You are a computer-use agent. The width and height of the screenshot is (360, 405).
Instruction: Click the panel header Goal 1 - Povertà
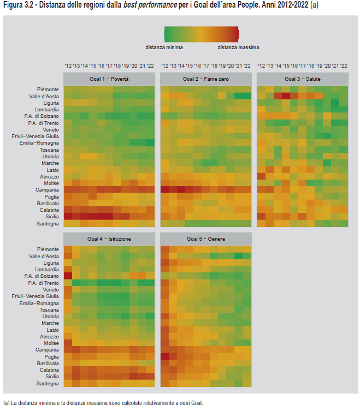(x=109, y=79)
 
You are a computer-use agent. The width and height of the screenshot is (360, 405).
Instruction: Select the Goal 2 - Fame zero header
(x=205, y=79)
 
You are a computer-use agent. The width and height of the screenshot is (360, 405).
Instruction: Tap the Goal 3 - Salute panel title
(x=302, y=79)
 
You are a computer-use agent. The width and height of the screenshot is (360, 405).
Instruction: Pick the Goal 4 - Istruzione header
(x=109, y=239)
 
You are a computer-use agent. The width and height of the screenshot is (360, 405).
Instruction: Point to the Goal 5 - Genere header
(x=205, y=239)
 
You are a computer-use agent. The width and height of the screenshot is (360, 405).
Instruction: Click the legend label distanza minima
(x=164, y=47)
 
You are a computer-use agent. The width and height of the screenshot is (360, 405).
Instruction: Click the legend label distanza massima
(x=238, y=47)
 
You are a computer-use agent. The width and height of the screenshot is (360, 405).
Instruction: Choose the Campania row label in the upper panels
(x=48, y=190)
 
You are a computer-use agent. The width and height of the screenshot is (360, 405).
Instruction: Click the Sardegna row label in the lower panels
(x=48, y=384)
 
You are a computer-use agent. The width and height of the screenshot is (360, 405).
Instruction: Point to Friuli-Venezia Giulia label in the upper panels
(x=36, y=136)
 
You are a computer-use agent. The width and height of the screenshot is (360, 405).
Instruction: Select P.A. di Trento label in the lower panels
(x=43, y=283)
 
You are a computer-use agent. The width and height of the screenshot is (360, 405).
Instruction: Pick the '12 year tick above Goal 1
(x=68, y=66)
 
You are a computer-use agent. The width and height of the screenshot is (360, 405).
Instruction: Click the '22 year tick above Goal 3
(x=344, y=66)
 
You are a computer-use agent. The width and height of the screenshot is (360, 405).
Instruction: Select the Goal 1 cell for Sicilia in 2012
(x=68, y=217)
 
